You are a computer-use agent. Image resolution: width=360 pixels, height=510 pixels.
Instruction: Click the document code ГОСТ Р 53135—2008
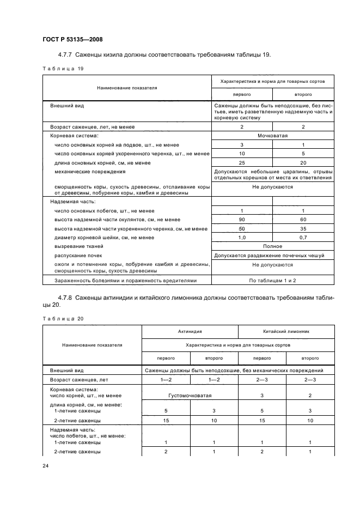(x=72, y=39)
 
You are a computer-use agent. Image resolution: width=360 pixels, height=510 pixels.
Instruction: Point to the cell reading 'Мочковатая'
(x=272, y=136)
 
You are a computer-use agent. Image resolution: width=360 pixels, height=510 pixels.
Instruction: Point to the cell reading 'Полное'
(x=272, y=246)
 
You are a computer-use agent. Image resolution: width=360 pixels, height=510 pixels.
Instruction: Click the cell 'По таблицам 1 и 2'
(x=272, y=280)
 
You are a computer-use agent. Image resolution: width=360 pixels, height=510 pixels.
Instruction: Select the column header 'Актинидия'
(x=190, y=331)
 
